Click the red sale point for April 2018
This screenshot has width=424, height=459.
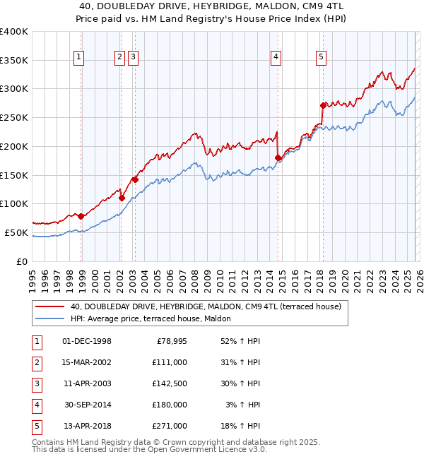click(323, 106)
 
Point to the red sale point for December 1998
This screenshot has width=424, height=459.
click(81, 216)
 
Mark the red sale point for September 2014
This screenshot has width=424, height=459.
click(278, 158)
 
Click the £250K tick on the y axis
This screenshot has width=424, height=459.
click(14, 117)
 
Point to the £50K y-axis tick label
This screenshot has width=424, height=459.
click(16, 232)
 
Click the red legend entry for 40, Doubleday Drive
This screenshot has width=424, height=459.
click(206, 306)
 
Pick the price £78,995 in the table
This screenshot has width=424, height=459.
click(169, 341)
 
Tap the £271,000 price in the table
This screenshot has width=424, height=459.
click(169, 426)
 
